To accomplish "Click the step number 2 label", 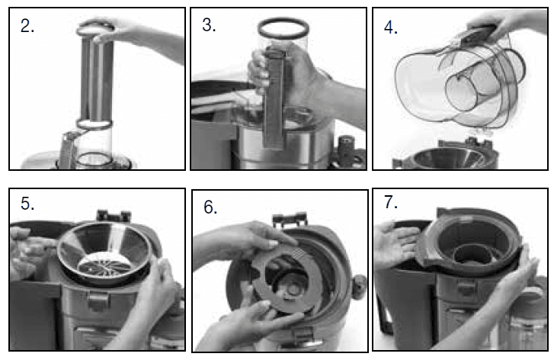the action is coord(27,26).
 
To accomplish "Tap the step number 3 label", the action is coord(209,25).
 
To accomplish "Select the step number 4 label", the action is coord(391,27).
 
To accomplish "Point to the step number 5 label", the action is coord(27,204).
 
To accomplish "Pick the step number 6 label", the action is coord(210,207).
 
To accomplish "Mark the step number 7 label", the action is coord(391,202).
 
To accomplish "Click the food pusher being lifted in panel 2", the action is coord(94,74).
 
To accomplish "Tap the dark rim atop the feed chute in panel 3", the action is coord(283,27).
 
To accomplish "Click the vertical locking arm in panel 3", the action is coord(274,99).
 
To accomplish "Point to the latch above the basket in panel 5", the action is coord(114,215).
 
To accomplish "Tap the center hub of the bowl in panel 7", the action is coord(471,254).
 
